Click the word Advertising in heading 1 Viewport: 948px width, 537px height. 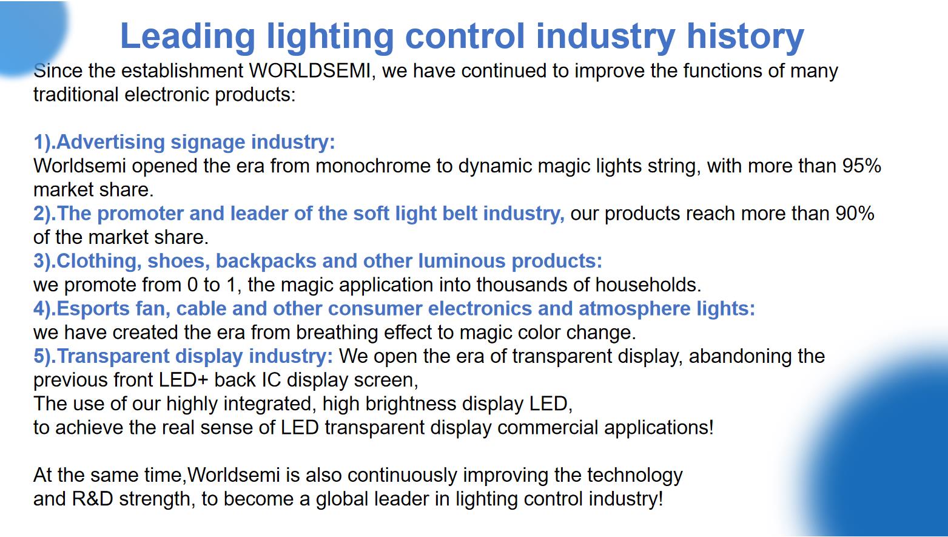click(110, 143)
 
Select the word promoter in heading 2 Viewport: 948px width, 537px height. click(140, 214)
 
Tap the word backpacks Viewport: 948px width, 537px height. click(266, 262)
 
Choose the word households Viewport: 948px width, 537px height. click(648, 285)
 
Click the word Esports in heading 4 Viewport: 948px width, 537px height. click(93, 309)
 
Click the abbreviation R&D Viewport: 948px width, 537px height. click(92, 499)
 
